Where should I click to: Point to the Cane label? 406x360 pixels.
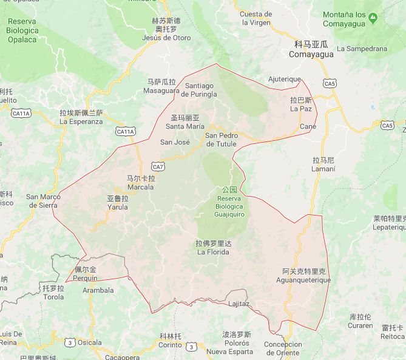[308, 126]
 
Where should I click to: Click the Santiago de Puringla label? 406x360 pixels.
[200, 90]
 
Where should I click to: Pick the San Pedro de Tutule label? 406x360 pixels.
[221, 140]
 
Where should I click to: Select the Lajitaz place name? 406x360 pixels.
[239, 303]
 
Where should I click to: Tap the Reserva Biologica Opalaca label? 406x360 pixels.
[22, 30]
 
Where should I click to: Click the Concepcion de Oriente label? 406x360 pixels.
[283, 348]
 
